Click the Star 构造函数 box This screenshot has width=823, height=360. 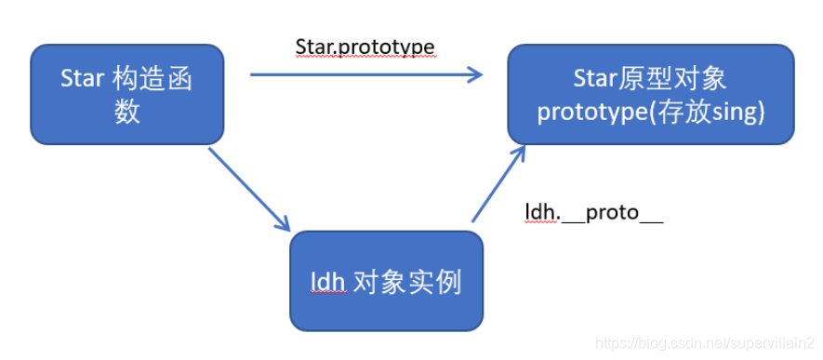pyautogui.click(x=127, y=95)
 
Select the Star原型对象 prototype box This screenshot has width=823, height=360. pyautogui.click(x=651, y=95)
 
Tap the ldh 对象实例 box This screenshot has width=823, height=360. pyautogui.click(x=386, y=281)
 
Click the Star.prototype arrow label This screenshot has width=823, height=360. pyautogui.click(x=365, y=48)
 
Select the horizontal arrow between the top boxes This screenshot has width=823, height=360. pyautogui.click(x=366, y=74)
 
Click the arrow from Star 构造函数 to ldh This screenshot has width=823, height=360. pyautogui.click(x=249, y=190)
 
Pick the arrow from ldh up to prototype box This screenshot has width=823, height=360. pyautogui.click(x=498, y=183)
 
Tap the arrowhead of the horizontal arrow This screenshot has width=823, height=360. pyautogui.click(x=475, y=74)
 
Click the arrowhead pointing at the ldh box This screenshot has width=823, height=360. pyautogui.click(x=283, y=223)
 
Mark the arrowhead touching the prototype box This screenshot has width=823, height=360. pyautogui.click(x=519, y=154)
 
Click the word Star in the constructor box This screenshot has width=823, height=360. pyautogui.click(x=80, y=80)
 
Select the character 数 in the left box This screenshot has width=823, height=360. pyautogui.click(x=127, y=112)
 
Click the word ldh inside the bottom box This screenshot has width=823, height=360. pyautogui.click(x=327, y=284)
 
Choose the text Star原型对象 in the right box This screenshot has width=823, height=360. pyautogui.click(x=650, y=80)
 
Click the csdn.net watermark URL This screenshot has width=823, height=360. pyautogui.click(x=705, y=344)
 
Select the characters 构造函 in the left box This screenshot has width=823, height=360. pyautogui.click(x=153, y=80)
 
